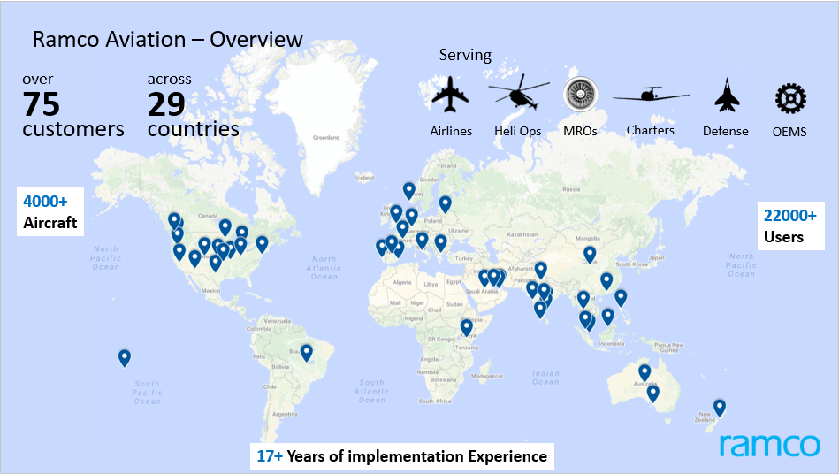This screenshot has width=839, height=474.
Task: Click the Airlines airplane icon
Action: click(x=450, y=95)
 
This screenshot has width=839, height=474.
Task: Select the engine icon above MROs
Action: click(x=579, y=96)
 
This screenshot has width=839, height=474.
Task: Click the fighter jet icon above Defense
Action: click(x=726, y=96)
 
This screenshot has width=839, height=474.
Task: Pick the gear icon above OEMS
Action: click(x=789, y=97)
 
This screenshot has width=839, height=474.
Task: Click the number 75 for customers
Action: click(x=42, y=104)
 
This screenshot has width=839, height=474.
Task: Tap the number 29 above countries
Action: click(x=166, y=104)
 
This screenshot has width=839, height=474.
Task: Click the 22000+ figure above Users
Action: click(x=789, y=215)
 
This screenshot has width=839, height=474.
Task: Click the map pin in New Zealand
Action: click(x=720, y=408)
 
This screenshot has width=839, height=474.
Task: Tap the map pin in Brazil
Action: click(x=307, y=353)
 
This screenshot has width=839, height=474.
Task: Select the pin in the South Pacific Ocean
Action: click(x=125, y=358)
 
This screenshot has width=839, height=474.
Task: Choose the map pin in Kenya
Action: click(x=467, y=328)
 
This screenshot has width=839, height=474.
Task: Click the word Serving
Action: click(x=465, y=55)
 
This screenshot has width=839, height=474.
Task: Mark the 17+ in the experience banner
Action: click(x=269, y=456)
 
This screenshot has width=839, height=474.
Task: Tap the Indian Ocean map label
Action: click(x=545, y=378)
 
